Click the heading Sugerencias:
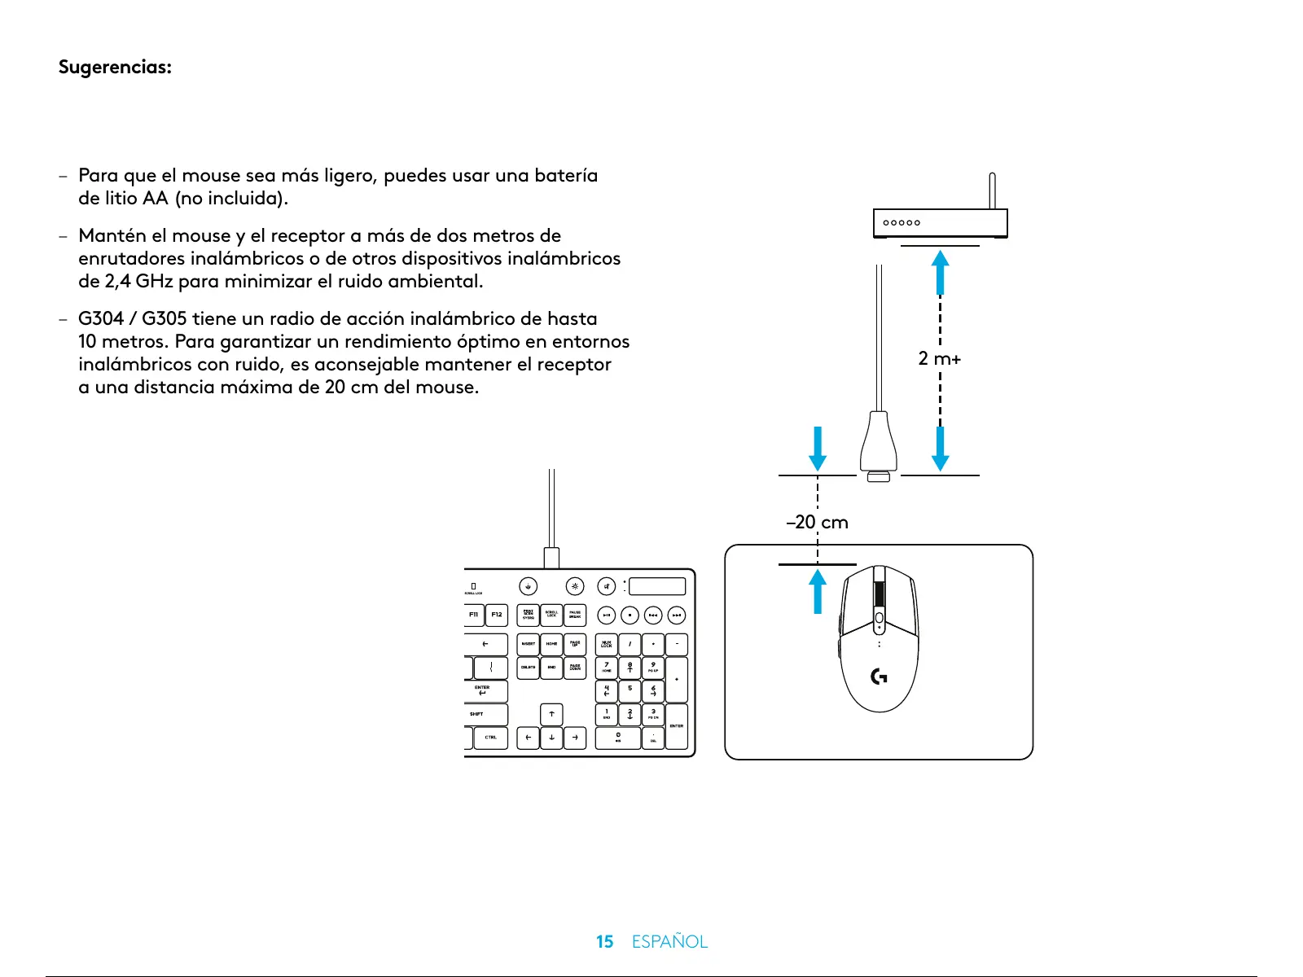115,67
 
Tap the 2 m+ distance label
939,358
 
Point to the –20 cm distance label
817,522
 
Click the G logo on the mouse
880,676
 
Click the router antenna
992,191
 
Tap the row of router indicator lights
902,222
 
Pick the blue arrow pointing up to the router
941,272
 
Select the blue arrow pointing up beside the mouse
818,591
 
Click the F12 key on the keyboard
497,615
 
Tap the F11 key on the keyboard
473,615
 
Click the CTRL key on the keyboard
491,738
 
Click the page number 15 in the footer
604,942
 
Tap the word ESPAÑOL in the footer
669,942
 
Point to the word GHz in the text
154,282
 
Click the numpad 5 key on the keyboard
630,690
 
